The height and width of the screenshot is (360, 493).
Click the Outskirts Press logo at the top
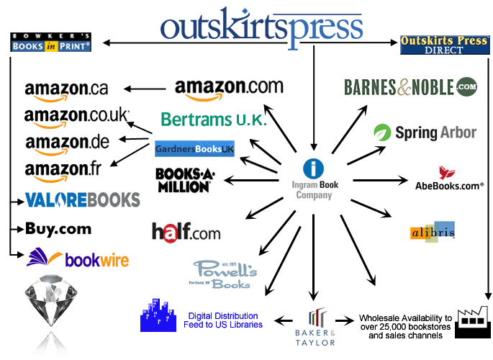coord(262,25)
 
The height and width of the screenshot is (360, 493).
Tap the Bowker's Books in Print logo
coord(51,42)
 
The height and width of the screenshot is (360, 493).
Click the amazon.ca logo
coord(66,89)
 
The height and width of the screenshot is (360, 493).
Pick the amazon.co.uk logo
coord(76,115)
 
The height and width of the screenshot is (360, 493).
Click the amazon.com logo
coord(229,89)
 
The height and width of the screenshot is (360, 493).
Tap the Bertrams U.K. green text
coord(214,119)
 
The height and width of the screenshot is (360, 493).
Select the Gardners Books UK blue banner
coord(194,149)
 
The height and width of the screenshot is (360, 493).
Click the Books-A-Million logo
coord(184,179)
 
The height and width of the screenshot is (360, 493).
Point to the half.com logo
coord(186,232)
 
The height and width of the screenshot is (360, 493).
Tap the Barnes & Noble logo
coord(410,87)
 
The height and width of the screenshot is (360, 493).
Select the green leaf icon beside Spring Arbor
coord(381,132)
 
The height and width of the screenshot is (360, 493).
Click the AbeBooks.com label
coord(448,186)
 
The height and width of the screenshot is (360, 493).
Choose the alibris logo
coord(432,233)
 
